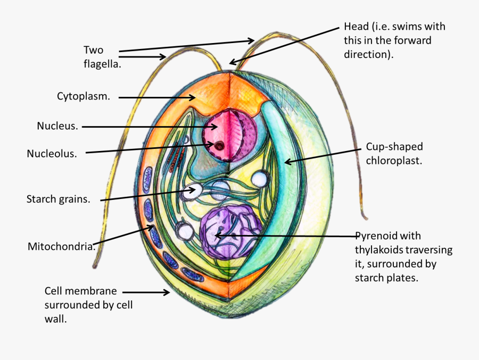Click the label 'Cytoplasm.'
point(84,96)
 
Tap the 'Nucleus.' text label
point(57,126)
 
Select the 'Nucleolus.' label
point(52,154)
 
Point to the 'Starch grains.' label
point(58,199)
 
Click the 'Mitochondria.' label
point(61,246)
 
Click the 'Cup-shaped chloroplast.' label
point(394,154)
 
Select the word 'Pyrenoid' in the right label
point(376,236)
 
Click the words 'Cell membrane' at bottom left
point(80,291)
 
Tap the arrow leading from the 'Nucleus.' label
point(150,127)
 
